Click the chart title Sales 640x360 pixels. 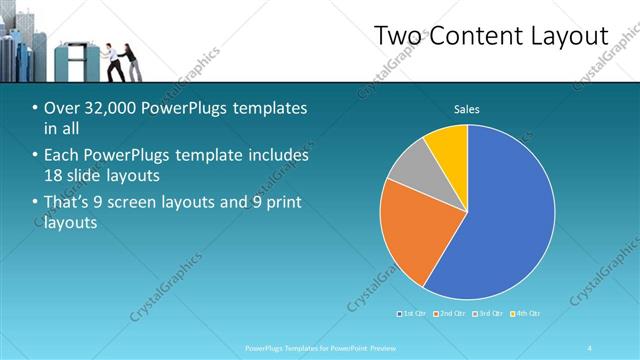tap(467, 108)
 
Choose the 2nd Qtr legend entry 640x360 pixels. tap(450, 314)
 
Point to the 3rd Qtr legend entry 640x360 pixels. tap(487, 314)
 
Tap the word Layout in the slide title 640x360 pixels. tap(567, 36)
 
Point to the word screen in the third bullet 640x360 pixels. tap(157, 204)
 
